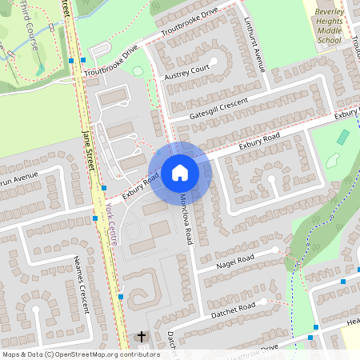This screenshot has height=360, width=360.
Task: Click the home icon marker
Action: pyautogui.click(x=180, y=172)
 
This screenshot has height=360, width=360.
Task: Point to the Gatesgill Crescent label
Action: pyautogui.click(x=219, y=109)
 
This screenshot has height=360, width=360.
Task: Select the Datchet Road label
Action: pyautogui.click(x=234, y=308)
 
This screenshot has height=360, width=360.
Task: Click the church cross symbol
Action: pyautogui.click(x=142, y=337)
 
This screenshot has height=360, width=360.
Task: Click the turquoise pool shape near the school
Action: pyautogui.click(x=342, y=137)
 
